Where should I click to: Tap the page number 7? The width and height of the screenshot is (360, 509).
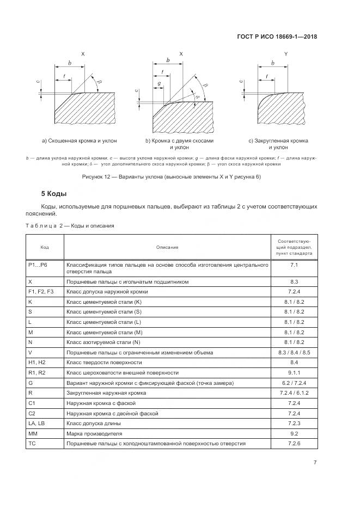coord(315,463)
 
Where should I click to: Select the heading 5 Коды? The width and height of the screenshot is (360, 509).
coord(54,194)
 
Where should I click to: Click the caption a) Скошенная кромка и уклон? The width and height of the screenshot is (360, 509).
coord(78,141)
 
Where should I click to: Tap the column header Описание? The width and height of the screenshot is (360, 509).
coord(167,247)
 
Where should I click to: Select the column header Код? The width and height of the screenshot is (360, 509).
coord(45,247)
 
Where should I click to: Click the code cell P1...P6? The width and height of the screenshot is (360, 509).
coord(38,265)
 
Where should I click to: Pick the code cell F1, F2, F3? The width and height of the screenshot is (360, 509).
coord(41,291)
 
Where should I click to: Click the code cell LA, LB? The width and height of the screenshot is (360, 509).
coord(36,423)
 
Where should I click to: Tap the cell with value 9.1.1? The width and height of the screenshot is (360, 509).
coord(294,372)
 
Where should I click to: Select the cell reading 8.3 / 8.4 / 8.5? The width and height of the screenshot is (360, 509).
coord(294,352)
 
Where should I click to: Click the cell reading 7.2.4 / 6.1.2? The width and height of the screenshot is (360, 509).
coord(294,393)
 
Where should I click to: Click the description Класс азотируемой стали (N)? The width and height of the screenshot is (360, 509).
coord(103,342)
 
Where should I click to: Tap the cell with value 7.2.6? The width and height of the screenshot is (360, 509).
coord(294,443)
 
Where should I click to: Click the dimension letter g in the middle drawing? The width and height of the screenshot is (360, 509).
coord(160,83)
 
